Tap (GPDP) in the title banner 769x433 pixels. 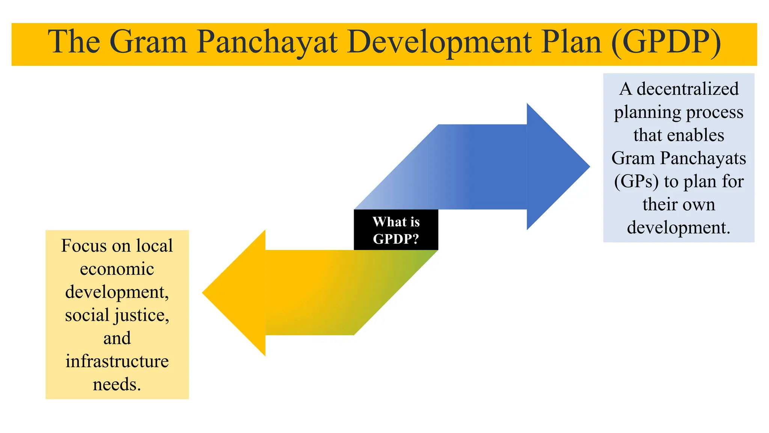(666, 42)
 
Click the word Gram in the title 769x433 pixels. (148, 42)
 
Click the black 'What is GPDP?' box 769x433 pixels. (396, 230)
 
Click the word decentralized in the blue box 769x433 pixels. (688, 89)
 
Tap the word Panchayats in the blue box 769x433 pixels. (703, 158)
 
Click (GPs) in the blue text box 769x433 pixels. (636, 182)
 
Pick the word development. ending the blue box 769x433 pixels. (679, 228)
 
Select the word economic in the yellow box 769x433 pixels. (117, 269)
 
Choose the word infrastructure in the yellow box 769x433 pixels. (117, 361)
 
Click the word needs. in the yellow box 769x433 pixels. (117, 385)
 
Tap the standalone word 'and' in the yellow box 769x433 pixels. (117, 338)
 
